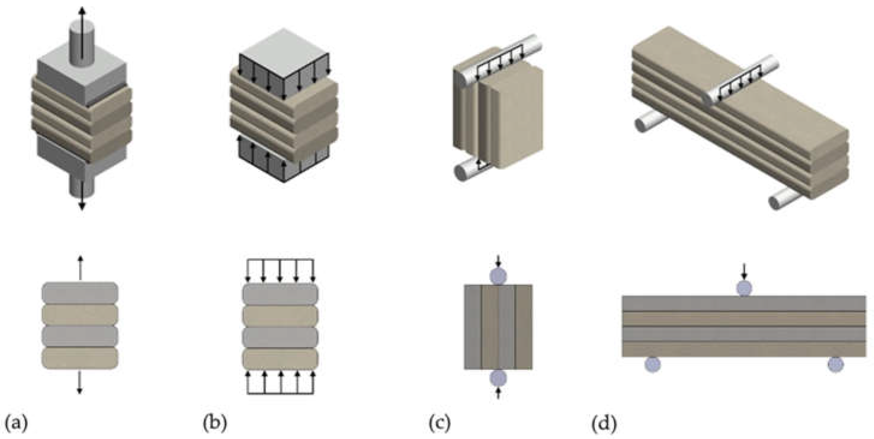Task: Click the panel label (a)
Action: tap(16, 424)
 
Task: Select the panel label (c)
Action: tap(440, 424)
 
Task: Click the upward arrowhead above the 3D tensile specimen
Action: tap(81, 10)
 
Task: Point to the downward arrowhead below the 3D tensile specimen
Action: tap(81, 206)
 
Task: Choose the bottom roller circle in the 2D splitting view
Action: tap(498, 378)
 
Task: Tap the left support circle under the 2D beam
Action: tap(652, 365)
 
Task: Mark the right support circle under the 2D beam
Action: tap(836, 365)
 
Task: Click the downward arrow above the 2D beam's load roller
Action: tap(744, 272)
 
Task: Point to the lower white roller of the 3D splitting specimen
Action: tap(470, 171)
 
